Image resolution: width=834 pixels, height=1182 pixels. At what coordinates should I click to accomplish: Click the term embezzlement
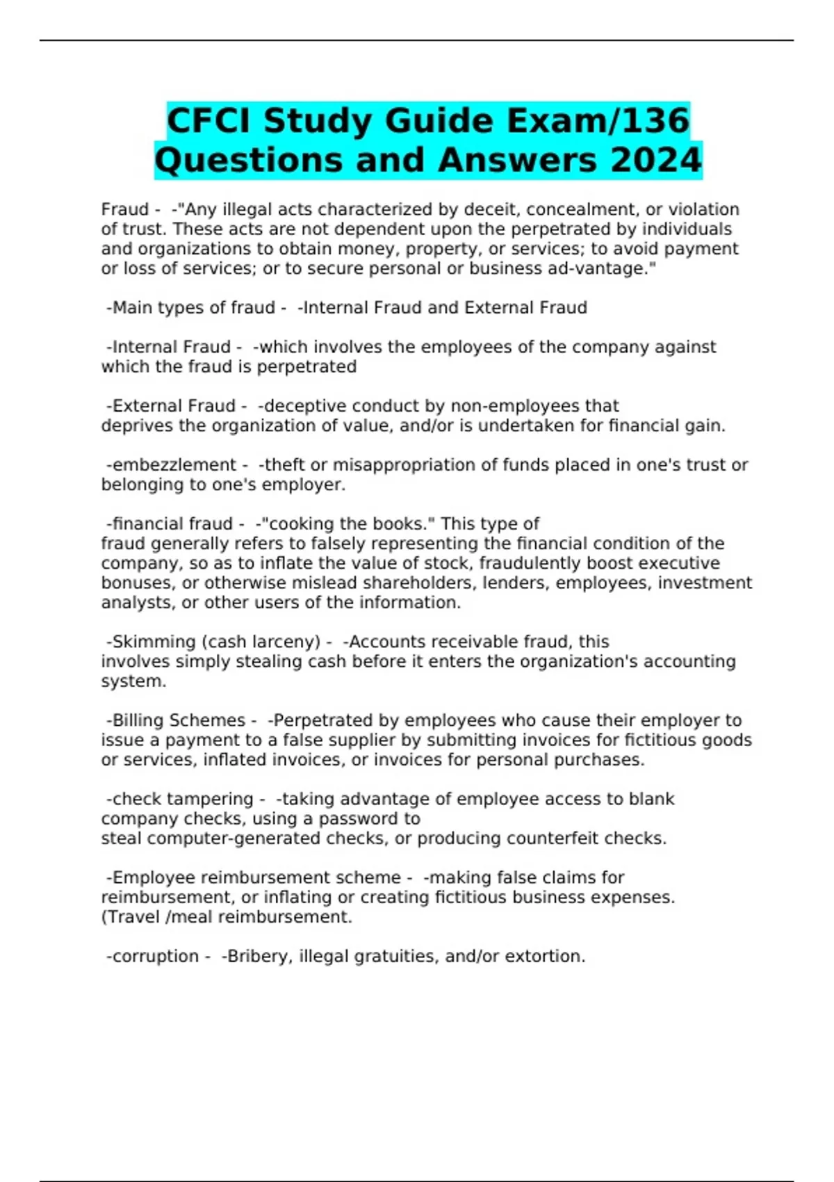coord(174,465)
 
